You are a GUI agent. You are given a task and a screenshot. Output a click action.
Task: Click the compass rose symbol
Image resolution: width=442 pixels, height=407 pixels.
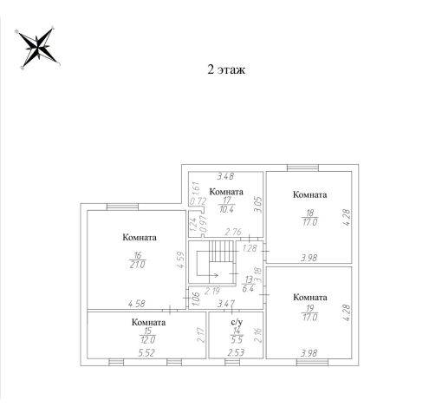[37, 48]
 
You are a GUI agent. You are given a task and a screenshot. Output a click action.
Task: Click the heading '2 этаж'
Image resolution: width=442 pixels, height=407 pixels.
[226, 69]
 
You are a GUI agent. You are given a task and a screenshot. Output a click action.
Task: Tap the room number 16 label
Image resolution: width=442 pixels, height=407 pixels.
[138, 255]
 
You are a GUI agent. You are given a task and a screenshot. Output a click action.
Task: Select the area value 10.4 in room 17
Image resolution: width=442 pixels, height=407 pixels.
[226, 209]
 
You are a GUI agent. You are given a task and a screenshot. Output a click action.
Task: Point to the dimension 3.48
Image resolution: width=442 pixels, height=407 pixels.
[225, 176]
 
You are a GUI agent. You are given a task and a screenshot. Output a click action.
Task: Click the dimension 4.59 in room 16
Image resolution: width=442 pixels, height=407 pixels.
[180, 260]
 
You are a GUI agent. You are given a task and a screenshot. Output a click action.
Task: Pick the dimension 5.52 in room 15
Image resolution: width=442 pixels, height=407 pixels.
[146, 352]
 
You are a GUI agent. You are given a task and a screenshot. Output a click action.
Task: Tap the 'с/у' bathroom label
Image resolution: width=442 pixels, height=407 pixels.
[237, 322]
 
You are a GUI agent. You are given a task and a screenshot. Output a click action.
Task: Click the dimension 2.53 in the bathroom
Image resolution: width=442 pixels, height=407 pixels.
[236, 352]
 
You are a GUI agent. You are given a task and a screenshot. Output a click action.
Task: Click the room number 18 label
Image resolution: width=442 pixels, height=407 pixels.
[310, 213]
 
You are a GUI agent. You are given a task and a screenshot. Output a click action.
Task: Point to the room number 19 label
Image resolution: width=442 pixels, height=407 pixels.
[310, 308]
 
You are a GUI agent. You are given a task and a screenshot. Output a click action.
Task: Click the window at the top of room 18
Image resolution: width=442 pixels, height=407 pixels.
[302, 167]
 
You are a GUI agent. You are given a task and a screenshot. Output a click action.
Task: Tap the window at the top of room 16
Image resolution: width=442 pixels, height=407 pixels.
[122, 207]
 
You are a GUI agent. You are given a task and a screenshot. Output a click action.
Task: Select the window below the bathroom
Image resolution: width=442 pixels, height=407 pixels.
[232, 362]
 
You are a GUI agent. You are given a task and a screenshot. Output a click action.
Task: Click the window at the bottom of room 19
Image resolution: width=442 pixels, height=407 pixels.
[312, 362]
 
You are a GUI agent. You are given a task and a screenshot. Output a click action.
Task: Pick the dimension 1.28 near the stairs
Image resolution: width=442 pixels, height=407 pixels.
[250, 248]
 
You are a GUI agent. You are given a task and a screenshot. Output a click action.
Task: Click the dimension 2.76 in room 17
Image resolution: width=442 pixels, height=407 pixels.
[233, 232]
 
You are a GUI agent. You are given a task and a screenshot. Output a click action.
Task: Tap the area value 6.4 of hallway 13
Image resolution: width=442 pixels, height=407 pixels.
[248, 288]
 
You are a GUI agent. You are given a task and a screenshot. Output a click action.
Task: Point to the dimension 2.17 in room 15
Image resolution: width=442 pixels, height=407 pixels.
[201, 335]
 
